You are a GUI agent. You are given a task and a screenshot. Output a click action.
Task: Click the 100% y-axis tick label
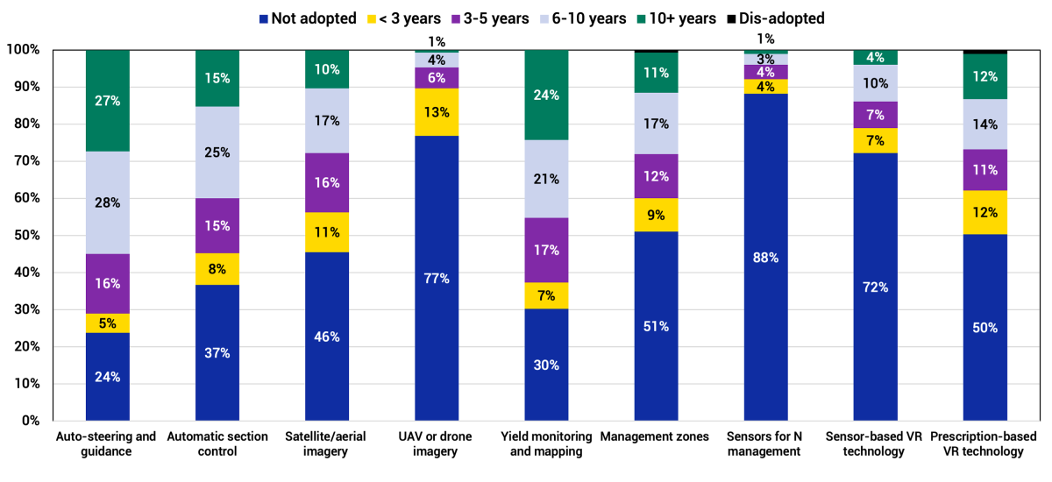(x=23, y=50)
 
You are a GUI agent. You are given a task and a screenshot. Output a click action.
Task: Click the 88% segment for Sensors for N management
(x=765, y=257)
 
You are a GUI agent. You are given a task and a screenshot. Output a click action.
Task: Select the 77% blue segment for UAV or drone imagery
(x=437, y=278)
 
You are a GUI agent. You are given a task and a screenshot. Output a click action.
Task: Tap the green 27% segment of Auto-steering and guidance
(x=108, y=101)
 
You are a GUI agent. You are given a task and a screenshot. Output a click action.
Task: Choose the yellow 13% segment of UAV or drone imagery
(x=437, y=112)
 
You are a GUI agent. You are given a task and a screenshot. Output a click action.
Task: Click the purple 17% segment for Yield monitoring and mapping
(x=546, y=250)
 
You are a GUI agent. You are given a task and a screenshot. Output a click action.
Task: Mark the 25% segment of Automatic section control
(x=217, y=152)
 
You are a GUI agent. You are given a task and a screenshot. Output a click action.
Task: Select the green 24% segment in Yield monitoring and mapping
(x=546, y=95)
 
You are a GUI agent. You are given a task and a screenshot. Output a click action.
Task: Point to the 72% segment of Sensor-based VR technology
(x=875, y=287)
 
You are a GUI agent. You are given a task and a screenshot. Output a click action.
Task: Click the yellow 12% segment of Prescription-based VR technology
(x=984, y=212)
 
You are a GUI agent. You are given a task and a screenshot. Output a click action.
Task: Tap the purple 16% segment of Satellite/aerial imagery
(x=327, y=182)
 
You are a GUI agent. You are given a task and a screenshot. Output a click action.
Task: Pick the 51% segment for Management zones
(x=656, y=326)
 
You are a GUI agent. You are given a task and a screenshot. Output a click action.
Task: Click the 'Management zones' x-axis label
(x=656, y=436)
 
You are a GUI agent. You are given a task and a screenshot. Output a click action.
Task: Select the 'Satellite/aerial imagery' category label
(x=327, y=443)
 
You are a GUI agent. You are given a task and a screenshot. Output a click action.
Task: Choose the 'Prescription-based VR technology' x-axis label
(x=984, y=443)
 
